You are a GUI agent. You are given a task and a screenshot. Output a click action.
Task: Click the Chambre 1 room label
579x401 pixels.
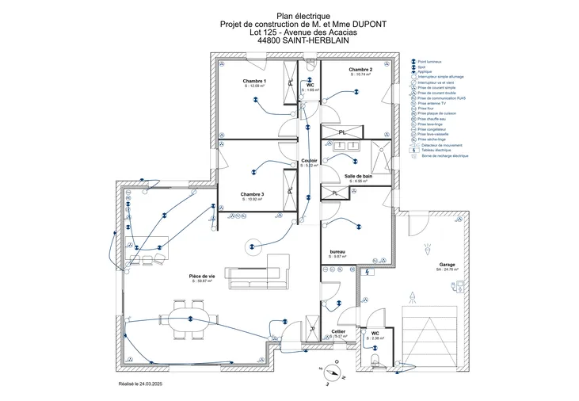click(x=254, y=82)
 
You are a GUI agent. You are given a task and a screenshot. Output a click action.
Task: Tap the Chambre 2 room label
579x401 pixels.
click(x=360, y=70)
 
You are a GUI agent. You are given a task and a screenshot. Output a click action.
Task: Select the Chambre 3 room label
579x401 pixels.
click(x=252, y=194)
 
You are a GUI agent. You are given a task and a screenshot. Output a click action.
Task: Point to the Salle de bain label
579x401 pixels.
click(x=358, y=176)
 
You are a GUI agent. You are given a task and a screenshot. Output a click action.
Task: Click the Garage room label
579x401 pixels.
click(x=447, y=265)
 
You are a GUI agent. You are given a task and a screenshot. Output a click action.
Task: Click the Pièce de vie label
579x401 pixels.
click(x=202, y=276)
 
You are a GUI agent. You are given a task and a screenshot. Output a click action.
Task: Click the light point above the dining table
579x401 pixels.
click(x=190, y=319)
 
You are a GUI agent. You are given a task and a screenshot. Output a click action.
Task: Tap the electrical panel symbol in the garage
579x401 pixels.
click(x=369, y=272)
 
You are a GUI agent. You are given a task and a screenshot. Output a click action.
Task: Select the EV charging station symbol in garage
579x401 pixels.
click(x=457, y=290)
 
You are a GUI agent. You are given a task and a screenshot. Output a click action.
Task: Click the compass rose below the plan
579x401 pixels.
click(x=333, y=371)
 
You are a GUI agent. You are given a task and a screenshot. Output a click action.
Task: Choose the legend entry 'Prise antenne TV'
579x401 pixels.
click(x=432, y=103)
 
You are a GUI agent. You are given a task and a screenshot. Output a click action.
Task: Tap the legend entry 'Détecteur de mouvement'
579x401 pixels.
click(x=441, y=145)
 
